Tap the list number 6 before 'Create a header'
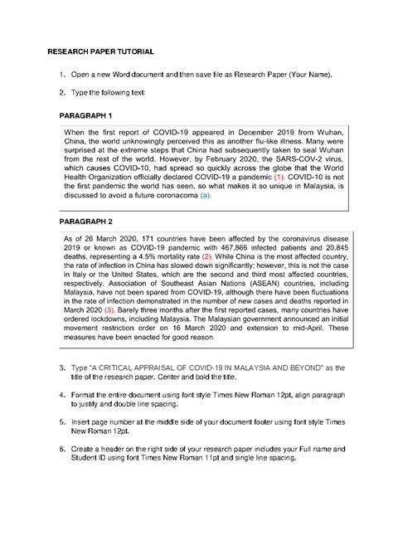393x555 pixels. pyautogui.click(x=62, y=448)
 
